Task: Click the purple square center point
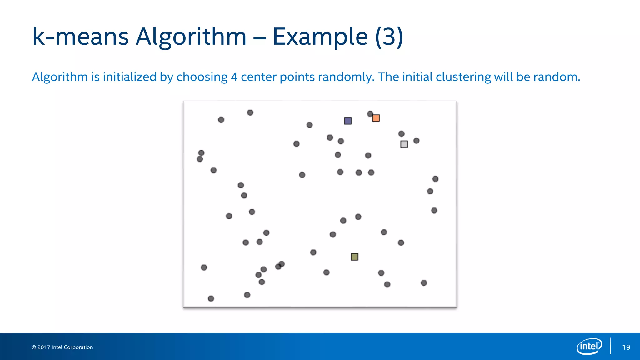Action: (x=348, y=121)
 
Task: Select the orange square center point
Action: (x=376, y=118)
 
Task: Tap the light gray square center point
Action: (x=404, y=144)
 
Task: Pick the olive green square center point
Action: (x=354, y=257)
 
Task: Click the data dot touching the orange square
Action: (x=370, y=114)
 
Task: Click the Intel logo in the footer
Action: (x=589, y=346)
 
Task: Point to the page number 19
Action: (x=626, y=347)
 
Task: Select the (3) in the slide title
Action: (x=389, y=37)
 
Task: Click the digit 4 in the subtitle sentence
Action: (x=234, y=77)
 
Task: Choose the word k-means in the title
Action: (x=80, y=37)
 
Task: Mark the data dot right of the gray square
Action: (x=416, y=141)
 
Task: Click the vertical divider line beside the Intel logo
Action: (x=610, y=346)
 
